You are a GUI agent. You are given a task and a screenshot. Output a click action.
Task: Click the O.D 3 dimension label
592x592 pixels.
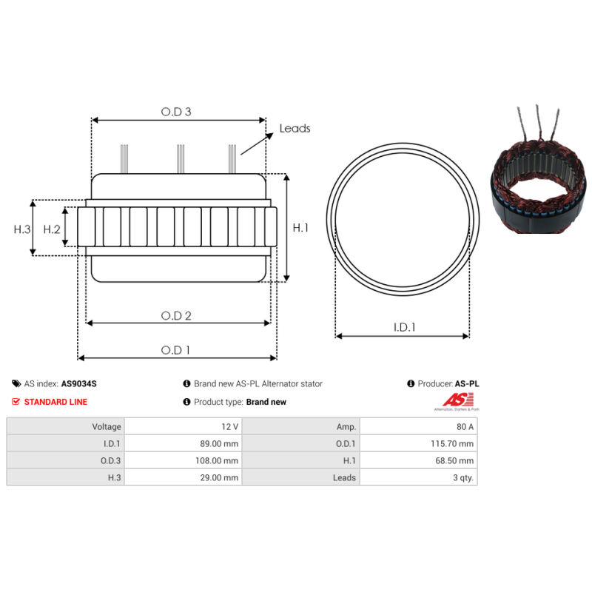pyautogui.click(x=176, y=112)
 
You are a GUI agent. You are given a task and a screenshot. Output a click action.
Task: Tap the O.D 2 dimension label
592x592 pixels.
pyautogui.click(x=176, y=316)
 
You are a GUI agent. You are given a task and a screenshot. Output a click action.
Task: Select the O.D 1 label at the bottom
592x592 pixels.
pyautogui.click(x=175, y=350)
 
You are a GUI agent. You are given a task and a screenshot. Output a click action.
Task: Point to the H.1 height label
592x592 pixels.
pyautogui.click(x=300, y=228)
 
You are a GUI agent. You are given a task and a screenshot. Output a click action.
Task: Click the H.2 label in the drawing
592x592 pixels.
pyautogui.click(x=52, y=229)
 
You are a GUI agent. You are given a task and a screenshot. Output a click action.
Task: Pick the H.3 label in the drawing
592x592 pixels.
pyautogui.click(x=22, y=229)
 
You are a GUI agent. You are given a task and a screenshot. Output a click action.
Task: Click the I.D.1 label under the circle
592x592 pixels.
pyautogui.click(x=404, y=327)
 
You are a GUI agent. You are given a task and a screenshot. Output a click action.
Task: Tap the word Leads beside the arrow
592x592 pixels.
pyautogui.click(x=295, y=128)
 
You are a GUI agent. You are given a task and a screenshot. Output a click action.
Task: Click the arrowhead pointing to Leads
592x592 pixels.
pyautogui.click(x=269, y=136)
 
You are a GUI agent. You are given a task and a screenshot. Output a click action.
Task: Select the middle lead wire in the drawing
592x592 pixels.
pyautogui.click(x=181, y=159)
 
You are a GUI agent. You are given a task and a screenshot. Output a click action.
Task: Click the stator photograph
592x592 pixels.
pyautogui.click(x=539, y=169)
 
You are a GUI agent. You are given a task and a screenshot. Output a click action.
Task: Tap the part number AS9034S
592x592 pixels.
pyautogui.click(x=79, y=383)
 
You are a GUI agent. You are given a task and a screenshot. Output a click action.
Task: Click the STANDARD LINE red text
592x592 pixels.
pyautogui.click(x=56, y=402)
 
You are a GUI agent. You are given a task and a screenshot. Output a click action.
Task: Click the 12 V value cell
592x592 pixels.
pyautogui.click(x=183, y=426)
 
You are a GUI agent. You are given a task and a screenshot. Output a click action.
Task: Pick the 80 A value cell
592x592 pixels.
pyautogui.click(x=418, y=426)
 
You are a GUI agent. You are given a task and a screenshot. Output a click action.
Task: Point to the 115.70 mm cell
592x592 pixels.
pyautogui.click(x=418, y=443)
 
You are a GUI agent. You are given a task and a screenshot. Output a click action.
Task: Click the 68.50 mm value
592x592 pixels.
pyautogui.click(x=454, y=460)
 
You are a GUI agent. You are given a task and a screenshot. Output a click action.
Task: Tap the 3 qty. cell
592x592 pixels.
pyautogui.click(x=418, y=477)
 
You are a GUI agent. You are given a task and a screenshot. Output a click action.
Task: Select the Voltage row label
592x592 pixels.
pyautogui.click(x=107, y=427)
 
